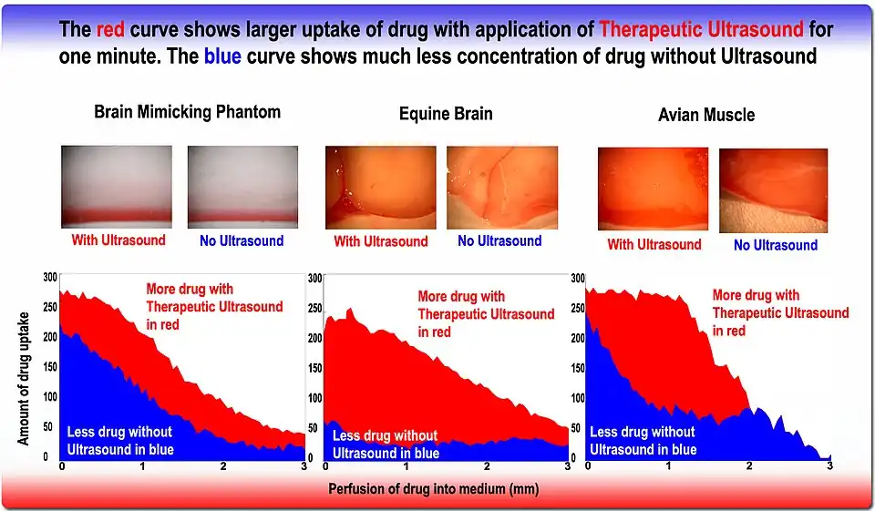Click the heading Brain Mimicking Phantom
[187, 112]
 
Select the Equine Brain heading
[446, 114]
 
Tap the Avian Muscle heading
[706, 116]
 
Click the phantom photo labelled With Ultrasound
[116, 187]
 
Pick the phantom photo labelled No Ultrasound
[242, 187]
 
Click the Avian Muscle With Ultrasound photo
[654, 189]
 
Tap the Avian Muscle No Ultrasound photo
[773, 190]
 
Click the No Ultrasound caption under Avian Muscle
[776, 245]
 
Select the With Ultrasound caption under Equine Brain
[380, 241]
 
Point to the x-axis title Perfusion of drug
[434, 489]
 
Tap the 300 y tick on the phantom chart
[50, 277]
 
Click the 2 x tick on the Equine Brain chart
[487, 465]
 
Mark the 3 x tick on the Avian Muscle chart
[829, 465]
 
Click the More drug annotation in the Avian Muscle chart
[779, 312]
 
